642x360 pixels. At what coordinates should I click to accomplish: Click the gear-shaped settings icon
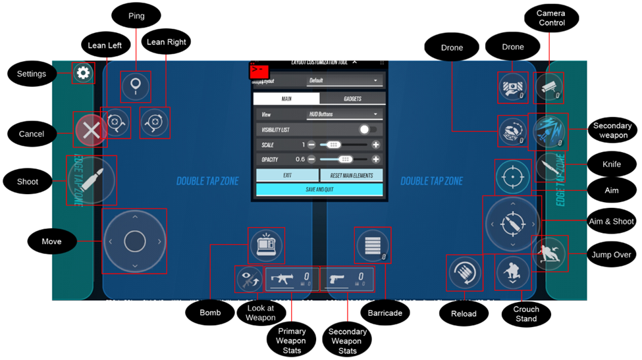[84, 73]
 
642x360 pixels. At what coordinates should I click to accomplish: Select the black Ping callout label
[136, 16]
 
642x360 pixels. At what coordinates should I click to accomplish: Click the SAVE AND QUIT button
[319, 190]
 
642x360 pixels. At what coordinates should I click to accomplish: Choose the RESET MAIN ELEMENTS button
[351, 176]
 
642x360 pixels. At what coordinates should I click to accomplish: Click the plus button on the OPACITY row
[376, 159]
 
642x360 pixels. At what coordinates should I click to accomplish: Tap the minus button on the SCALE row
[311, 145]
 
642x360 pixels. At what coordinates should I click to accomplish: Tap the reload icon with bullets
[464, 272]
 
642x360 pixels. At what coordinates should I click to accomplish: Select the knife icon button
[548, 167]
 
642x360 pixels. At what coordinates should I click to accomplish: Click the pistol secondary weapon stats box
[347, 279]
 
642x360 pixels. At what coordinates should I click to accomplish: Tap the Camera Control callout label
[550, 18]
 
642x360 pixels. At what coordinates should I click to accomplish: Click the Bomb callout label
[210, 313]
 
